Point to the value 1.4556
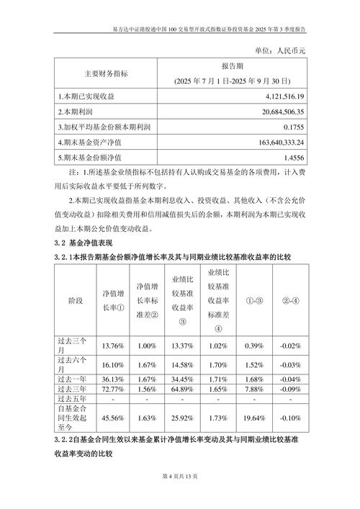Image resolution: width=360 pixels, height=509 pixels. [290, 158]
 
